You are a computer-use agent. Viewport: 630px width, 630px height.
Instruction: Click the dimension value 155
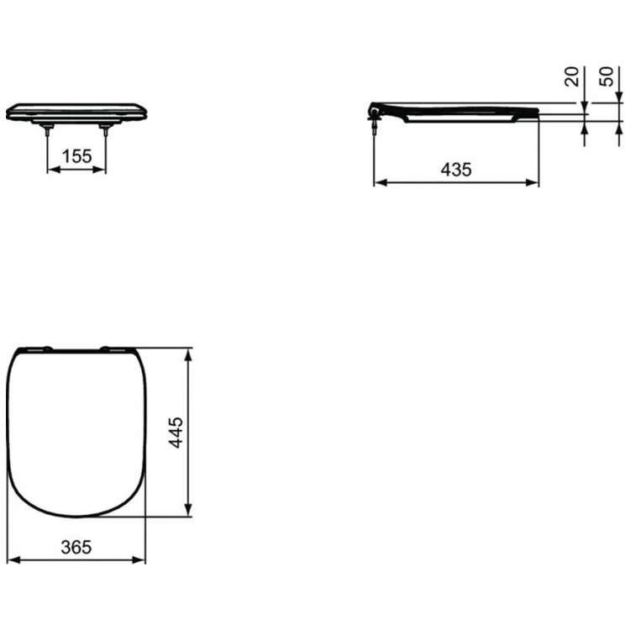coord(76,155)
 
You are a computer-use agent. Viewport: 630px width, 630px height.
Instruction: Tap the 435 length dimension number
coord(456,169)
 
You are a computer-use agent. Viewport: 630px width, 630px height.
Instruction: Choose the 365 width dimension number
coord(76,547)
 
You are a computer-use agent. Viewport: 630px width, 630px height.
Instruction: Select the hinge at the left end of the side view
coord(374,108)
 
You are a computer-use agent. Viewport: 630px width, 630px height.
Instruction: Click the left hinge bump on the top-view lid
coord(46,346)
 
